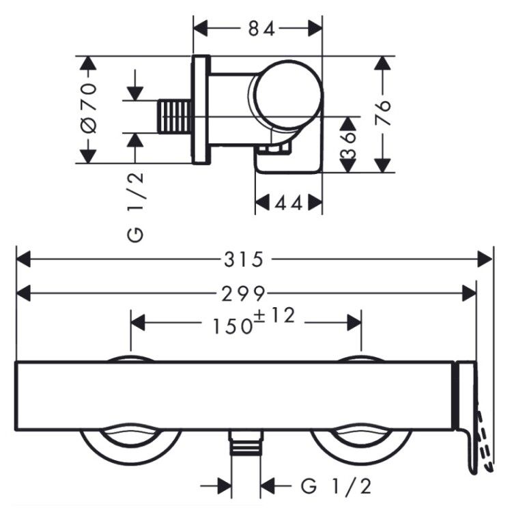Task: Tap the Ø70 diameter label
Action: pyautogui.click(x=89, y=109)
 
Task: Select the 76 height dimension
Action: pyautogui.click(x=383, y=113)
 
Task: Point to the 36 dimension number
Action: pyautogui.click(x=348, y=145)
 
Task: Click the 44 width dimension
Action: pyautogui.click(x=289, y=203)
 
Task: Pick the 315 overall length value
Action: pyautogui.click(x=244, y=259)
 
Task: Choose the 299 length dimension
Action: pyautogui.click(x=243, y=294)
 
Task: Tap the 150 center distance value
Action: pyautogui.click(x=233, y=326)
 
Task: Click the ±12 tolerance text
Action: pyautogui.click(x=275, y=315)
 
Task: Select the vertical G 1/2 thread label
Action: pyautogui.click(x=136, y=207)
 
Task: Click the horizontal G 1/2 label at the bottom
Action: pyautogui.click(x=336, y=486)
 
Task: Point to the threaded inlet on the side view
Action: pyautogui.click(x=174, y=117)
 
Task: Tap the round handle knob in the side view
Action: pyautogui.click(x=286, y=94)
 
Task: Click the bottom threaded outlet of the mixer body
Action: pyautogui.click(x=246, y=442)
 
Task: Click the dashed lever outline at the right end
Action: pyautogui.click(x=485, y=441)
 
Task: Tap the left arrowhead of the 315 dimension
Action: pyautogui.click(x=23, y=259)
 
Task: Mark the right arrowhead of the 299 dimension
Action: pyautogui.click(x=469, y=293)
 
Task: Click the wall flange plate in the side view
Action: pyautogui.click(x=201, y=109)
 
